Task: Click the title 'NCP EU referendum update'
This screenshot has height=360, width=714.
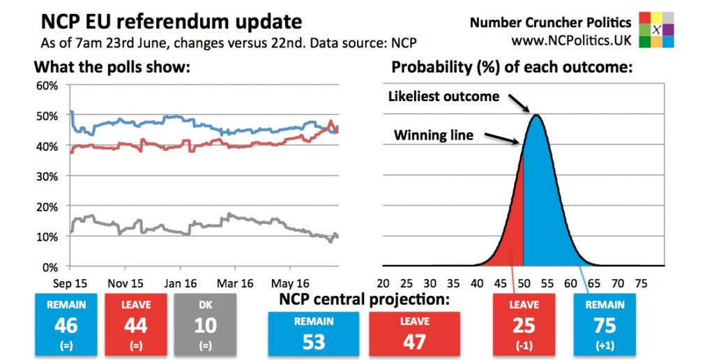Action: click(x=172, y=22)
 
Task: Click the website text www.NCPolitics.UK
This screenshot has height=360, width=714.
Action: click(x=571, y=41)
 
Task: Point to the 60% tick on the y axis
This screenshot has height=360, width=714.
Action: click(x=48, y=86)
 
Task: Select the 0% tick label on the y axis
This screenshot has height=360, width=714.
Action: click(x=51, y=267)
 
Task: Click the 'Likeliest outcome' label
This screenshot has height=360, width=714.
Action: click(x=443, y=96)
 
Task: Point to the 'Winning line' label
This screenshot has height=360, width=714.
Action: click(x=433, y=135)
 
